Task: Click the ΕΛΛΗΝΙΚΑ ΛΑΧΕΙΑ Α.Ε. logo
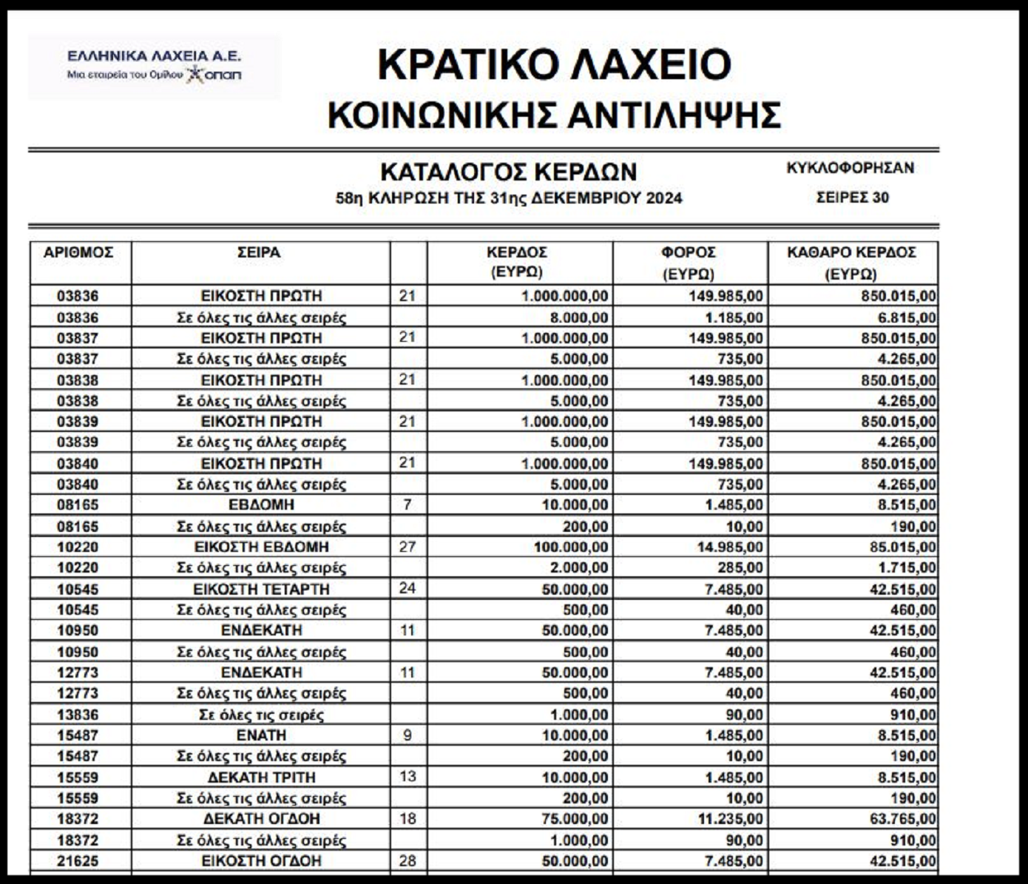154,65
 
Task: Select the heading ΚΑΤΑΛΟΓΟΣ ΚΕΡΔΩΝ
508,172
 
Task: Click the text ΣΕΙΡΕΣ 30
852,198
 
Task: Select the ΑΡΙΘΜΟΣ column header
78,252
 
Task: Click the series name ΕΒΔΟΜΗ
261,505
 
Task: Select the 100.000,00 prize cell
570,547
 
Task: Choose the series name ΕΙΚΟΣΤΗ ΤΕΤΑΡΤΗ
261,589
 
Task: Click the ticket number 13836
78,715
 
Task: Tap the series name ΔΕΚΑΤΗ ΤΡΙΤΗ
261,777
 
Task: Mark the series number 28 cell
408,860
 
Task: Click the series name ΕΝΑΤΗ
261,735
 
